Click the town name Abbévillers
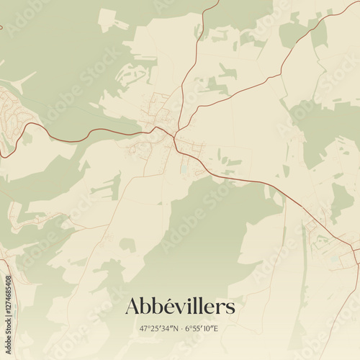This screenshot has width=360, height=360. [x=180, y=307]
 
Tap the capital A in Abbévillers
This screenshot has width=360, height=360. [x=132, y=307]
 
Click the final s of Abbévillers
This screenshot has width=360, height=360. [x=230, y=307]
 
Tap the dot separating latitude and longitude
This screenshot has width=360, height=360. [x=180, y=329]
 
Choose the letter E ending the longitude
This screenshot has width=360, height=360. [x=216, y=329]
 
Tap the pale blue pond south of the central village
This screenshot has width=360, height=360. [x=185, y=170]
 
